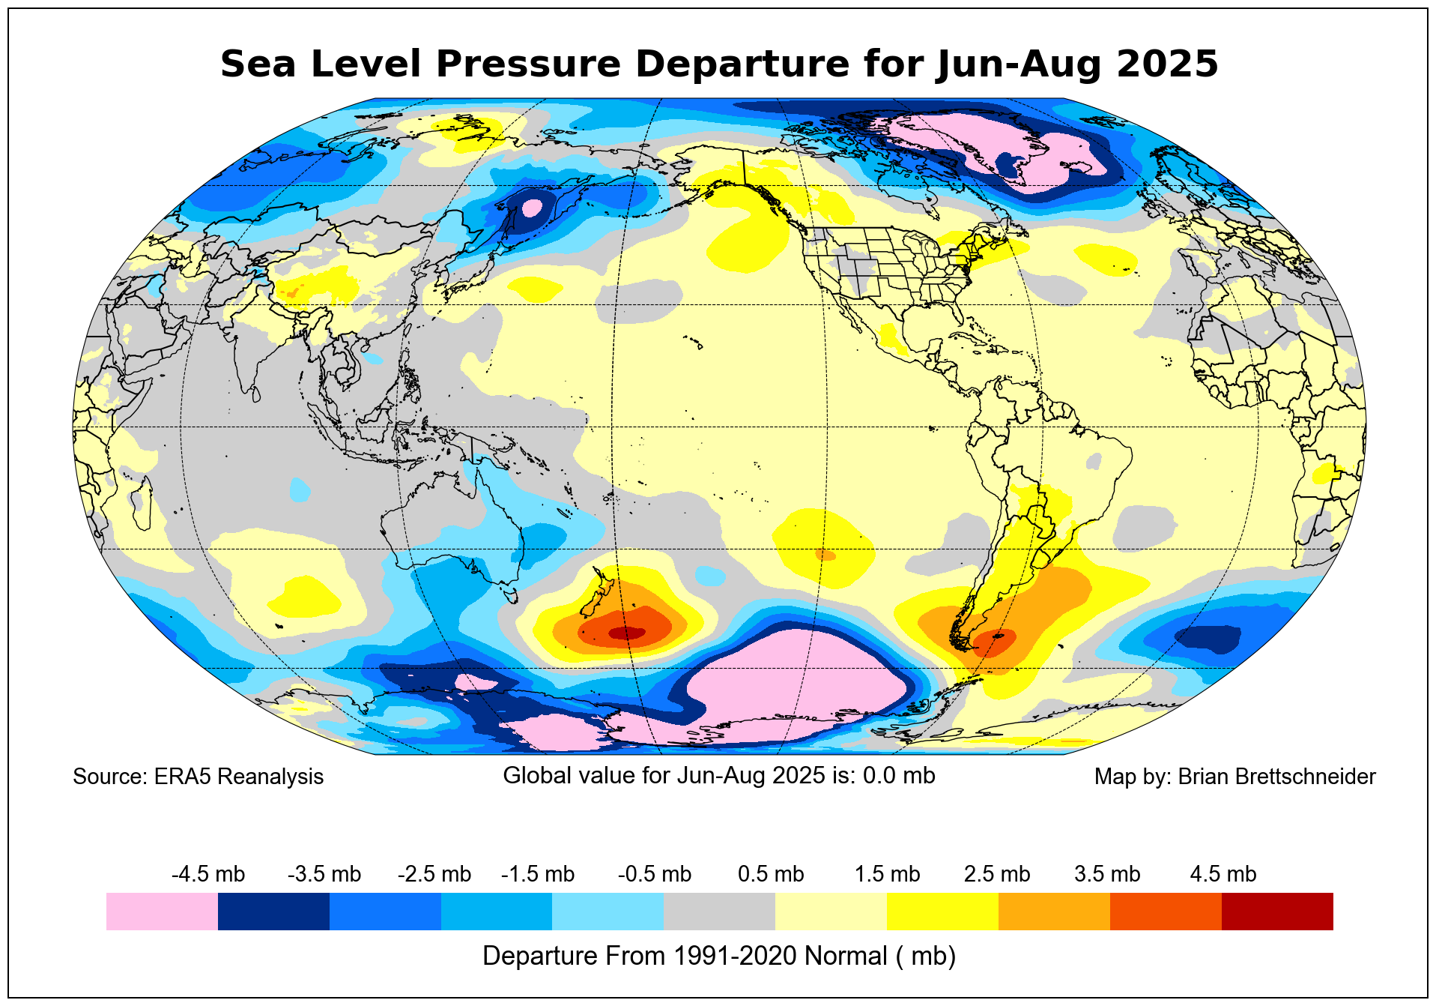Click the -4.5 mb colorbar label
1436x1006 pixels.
(208, 874)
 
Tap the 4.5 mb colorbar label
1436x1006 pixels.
(1223, 874)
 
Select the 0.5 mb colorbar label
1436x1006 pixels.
(771, 874)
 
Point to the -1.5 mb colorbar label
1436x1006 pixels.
(538, 874)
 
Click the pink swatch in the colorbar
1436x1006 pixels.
(162, 911)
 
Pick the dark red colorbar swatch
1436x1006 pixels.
(1277, 911)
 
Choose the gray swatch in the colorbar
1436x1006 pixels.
(719, 911)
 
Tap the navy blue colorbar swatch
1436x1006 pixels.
(273, 911)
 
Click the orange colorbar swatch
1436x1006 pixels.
(1054, 911)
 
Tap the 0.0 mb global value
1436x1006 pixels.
(899, 775)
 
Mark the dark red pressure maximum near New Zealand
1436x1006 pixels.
(626, 633)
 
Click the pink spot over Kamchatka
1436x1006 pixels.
(531, 206)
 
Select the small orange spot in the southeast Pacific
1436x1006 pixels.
(825, 555)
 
